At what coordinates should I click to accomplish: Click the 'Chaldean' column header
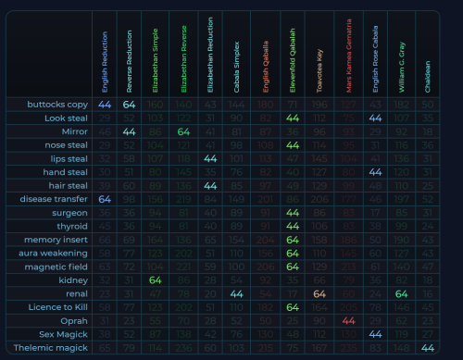[x=428, y=56]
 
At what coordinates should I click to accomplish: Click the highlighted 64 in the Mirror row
[x=184, y=132]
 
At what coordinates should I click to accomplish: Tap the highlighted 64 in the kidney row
[x=157, y=279]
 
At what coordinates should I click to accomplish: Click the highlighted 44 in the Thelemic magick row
[x=428, y=347]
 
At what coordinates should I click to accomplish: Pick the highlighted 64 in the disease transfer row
[x=104, y=199]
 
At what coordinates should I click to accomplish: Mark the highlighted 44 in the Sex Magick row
[x=374, y=333]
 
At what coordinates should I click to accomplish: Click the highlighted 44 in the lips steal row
[x=211, y=159]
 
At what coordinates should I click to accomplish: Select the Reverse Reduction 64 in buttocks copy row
[x=131, y=105]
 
